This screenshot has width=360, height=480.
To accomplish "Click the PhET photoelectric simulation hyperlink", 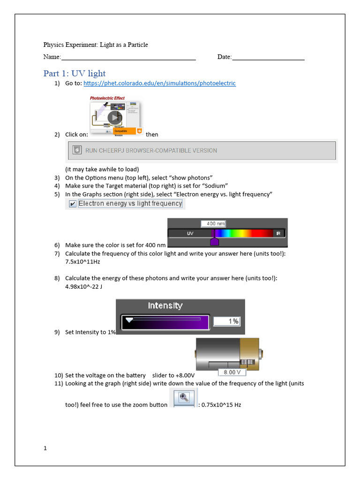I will [x=159, y=83].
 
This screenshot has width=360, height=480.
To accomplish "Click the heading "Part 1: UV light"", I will [x=75, y=74].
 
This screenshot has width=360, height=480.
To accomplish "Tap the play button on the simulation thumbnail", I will [x=114, y=117].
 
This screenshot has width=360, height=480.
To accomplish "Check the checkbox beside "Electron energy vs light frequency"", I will [x=72, y=204].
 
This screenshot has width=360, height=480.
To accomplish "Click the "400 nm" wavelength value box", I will [x=213, y=224].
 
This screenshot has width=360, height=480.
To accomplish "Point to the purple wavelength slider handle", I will [x=214, y=241].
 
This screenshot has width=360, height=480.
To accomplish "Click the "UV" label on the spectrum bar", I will [x=190, y=233].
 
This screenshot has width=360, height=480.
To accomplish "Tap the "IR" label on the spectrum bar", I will [x=278, y=233].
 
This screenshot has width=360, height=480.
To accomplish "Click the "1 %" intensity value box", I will [x=227, y=321].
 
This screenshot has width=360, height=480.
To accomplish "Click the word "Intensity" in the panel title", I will [x=165, y=306].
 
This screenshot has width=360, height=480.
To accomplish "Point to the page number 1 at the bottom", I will [x=45, y=448].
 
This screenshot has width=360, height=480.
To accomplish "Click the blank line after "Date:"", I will [x=268, y=57].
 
